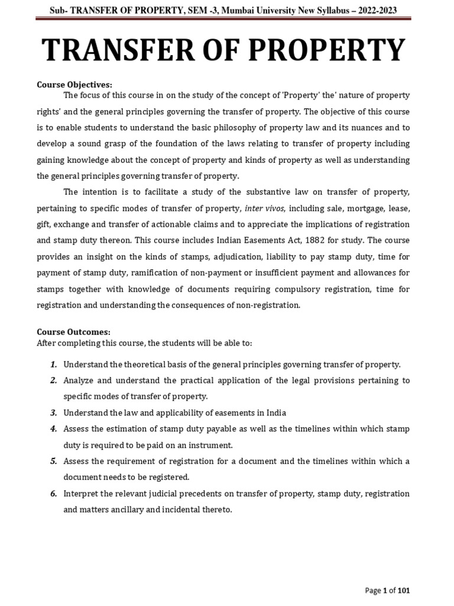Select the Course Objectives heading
coord(74,85)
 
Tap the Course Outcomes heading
coord(73,332)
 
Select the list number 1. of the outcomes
coord(54,364)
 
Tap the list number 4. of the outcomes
coord(54,428)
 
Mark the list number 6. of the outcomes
coord(54,493)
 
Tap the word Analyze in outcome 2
coord(80,381)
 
